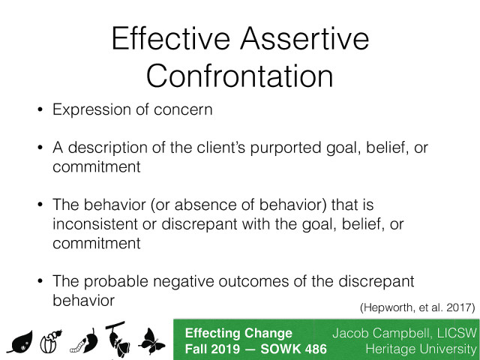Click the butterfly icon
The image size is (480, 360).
tap(151, 340)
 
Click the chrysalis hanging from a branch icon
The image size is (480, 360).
tap(118, 337)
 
